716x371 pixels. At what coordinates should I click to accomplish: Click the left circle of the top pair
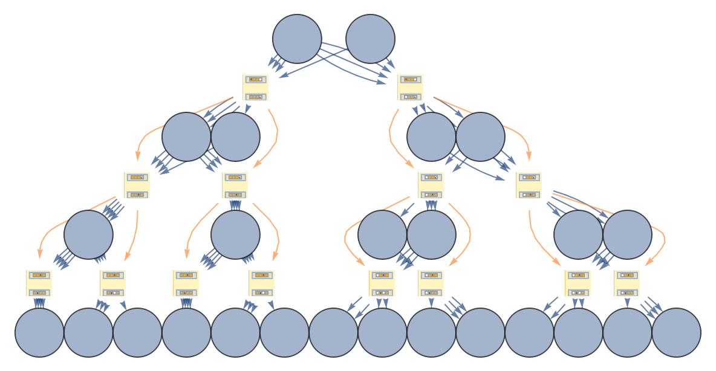pos(297,39)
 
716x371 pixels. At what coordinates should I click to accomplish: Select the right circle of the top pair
pos(370,39)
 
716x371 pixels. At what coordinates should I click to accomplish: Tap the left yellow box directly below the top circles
pos(255,87)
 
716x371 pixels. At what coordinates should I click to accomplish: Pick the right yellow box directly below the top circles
pos(410,87)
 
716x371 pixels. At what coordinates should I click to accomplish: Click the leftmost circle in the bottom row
pos(39,332)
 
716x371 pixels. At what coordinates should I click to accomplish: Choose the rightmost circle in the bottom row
pos(676,332)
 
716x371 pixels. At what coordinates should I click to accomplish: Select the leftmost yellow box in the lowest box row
pos(39,283)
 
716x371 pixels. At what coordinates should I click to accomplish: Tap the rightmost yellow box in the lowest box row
pos(626,283)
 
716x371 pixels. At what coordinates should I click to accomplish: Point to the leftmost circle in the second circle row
pos(186,137)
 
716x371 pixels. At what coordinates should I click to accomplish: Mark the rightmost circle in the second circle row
pos(480,137)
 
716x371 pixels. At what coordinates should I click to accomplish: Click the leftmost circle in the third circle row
pos(88,234)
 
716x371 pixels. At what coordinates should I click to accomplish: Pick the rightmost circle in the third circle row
pos(627,234)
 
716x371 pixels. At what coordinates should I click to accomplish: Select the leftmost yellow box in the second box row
pos(137,185)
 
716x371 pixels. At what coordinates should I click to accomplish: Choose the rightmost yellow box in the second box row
pos(529,185)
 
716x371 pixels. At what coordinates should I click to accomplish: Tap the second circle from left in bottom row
pos(88,332)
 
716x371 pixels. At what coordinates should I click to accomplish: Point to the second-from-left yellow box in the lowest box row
pos(112,283)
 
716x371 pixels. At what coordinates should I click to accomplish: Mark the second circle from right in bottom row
pos(627,332)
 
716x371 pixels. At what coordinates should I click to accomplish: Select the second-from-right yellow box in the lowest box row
pos(578,283)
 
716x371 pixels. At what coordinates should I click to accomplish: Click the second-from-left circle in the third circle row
pos(235,234)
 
